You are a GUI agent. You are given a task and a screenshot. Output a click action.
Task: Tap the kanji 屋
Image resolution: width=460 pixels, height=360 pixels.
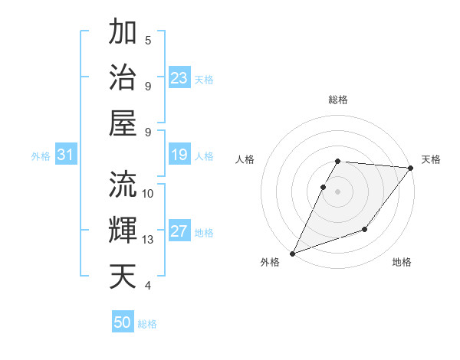coord(123,123)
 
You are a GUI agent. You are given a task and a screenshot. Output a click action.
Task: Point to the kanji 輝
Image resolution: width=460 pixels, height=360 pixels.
coord(123,229)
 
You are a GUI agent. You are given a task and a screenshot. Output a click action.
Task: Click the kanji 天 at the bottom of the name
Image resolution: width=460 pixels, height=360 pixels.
coord(123,275)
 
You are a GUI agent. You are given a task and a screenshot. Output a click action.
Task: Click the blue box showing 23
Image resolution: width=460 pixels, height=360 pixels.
coord(179,77)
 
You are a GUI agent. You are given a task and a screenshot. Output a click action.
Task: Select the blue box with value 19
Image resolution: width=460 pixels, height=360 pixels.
coord(179,155)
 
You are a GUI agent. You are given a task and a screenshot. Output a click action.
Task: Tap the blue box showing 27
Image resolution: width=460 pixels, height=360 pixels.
coord(179,232)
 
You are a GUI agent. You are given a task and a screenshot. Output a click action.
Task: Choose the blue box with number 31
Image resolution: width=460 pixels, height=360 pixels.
coord(66,155)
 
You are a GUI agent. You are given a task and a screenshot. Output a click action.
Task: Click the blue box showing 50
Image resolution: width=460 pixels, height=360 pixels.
coord(123,323)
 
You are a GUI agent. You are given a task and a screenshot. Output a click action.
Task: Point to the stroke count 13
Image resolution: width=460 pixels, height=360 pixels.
coord(149,240)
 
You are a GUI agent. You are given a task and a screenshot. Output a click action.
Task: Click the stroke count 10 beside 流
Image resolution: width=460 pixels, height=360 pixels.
coord(149,193)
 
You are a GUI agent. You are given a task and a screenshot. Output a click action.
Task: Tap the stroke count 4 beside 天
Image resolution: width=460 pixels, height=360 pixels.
coord(148,286)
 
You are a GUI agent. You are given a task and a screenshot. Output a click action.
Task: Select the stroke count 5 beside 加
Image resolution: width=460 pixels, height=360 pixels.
coord(148,41)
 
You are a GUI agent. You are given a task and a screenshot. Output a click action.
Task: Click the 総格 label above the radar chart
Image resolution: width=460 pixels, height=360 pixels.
coord(338,100)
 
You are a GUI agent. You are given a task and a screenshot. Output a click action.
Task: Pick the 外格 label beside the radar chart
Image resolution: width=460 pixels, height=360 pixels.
coord(270,263)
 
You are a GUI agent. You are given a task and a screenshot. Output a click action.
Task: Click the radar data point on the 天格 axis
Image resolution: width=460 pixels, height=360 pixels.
coord(411,168)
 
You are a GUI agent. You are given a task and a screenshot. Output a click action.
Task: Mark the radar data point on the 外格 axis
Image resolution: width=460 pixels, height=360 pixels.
coord(292,254)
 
